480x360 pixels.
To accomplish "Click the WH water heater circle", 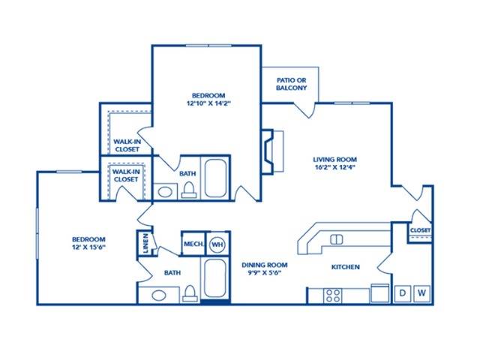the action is pyautogui.click(x=217, y=244).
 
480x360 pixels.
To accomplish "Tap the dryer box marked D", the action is pyautogui.click(x=402, y=293).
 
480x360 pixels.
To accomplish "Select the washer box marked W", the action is pyautogui.click(x=421, y=293).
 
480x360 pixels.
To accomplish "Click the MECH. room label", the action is pyautogui.click(x=193, y=244).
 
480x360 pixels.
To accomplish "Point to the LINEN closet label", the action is pyautogui.click(x=145, y=243).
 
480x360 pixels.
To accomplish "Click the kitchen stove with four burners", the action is pyautogui.click(x=332, y=295).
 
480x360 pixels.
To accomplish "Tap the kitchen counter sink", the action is pyautogui.click(x=336, y=239).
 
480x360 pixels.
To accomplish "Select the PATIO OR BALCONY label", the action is pyautogui.click(x=292, y=84).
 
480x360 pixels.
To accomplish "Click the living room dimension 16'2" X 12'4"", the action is pyautogui.click(x=334, y=167).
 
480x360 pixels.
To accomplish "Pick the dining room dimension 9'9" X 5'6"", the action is pyautogui.click(x=265, y=273).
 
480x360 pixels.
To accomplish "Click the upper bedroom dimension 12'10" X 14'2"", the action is pyautogui.click(x=208, y=103).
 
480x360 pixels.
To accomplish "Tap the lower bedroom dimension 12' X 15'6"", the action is pyautogui.click(x=88, y=247).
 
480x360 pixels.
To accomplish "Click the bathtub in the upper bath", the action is pyautogui.click(x=215, y=178).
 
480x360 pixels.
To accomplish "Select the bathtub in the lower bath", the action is pyautogui.click(x=215, y=278).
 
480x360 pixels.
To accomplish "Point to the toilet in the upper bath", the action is pyautogui.click(x=189, y=190).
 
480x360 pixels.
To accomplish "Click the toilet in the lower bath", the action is pyautogui.click(x=190, y=293).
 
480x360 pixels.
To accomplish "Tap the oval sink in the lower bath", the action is pyautogui.click(x=159, y=295).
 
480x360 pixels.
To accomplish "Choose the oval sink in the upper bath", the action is pyautogui.click(x=165, y=192).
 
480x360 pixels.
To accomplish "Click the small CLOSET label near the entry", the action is pyautogui.click(x=420, y=230).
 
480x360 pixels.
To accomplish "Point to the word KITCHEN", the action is pyautogui.click(x=346, y=267).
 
